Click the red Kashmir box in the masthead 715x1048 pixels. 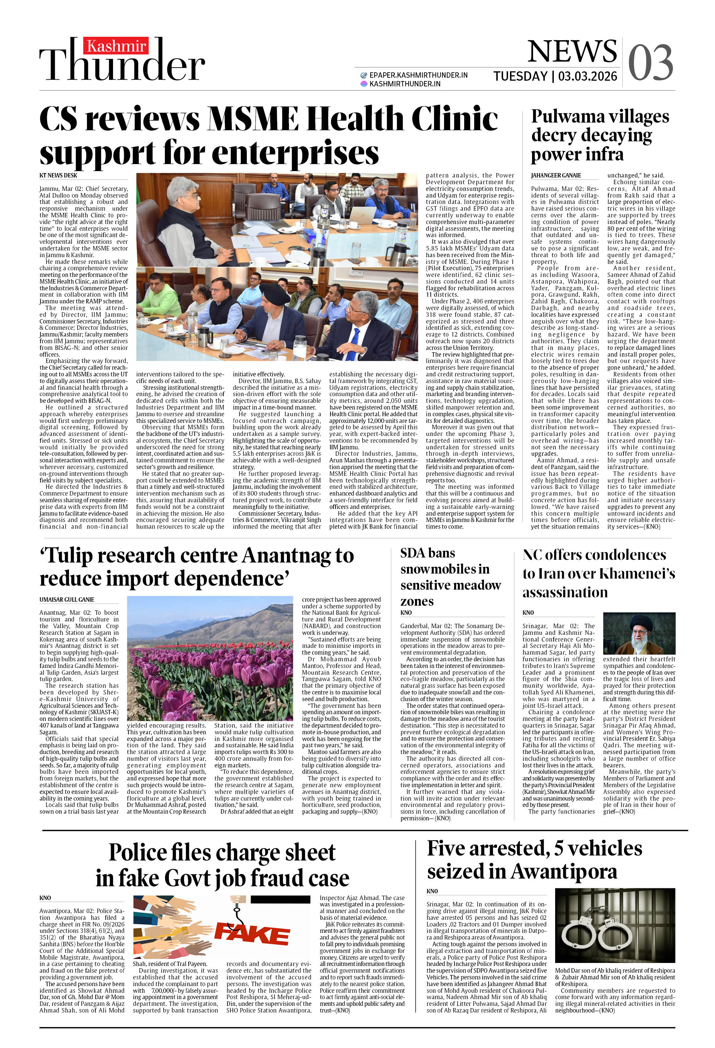116,46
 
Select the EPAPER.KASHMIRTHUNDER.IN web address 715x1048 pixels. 418,75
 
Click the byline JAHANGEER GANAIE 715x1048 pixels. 555,175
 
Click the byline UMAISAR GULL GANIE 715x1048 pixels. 67,599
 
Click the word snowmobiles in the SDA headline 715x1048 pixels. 445,569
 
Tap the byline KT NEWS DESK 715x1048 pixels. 58,175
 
